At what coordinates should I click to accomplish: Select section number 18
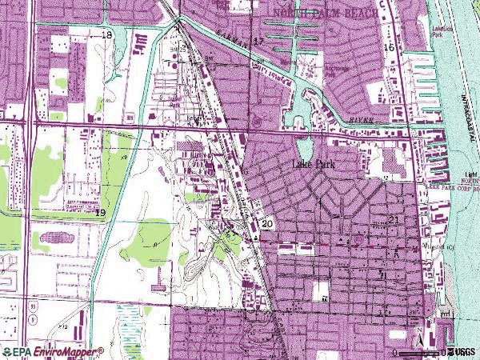click(107, 34)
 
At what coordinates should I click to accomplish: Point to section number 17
click(258, 40)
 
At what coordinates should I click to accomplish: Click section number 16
click(389, 48)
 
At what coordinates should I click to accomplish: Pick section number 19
click(100, 213)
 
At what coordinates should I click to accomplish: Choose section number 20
click(266, 224)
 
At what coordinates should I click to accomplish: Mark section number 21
click(393, 219)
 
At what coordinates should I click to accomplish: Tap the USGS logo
click(462, 352)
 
